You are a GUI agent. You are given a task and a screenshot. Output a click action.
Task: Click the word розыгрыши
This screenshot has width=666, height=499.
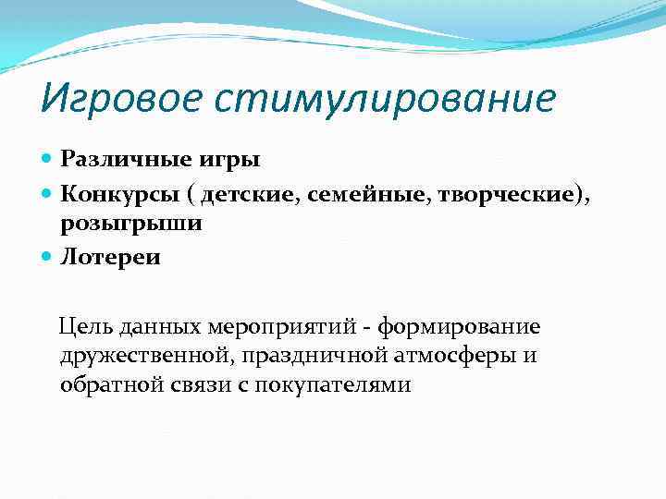(x=131, y=225)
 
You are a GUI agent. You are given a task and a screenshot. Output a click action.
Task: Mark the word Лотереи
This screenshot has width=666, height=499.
(x=110, y=257)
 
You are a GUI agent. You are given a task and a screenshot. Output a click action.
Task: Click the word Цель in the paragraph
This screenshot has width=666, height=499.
(x=83, y=326)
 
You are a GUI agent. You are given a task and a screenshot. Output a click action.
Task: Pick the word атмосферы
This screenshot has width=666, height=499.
(x=459, y=356)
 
